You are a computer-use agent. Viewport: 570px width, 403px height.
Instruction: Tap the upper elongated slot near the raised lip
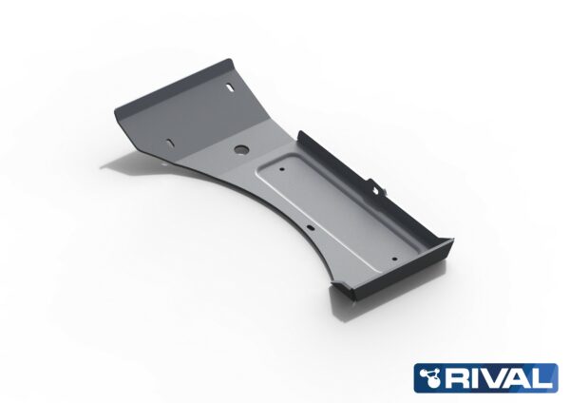coord(231,88)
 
